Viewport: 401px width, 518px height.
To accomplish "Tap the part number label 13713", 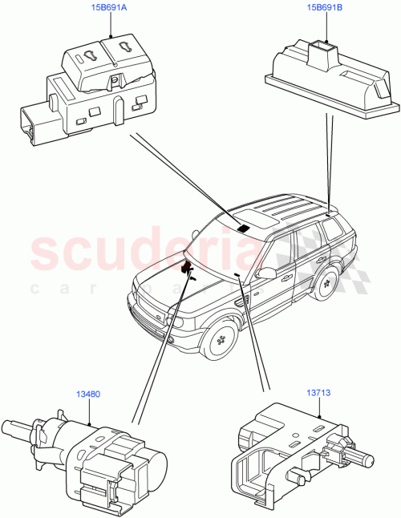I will [x=319, y=394].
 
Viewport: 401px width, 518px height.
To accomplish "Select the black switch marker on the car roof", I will [x=242, y=228].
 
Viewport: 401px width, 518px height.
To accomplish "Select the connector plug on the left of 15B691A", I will [x=31, y=124].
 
